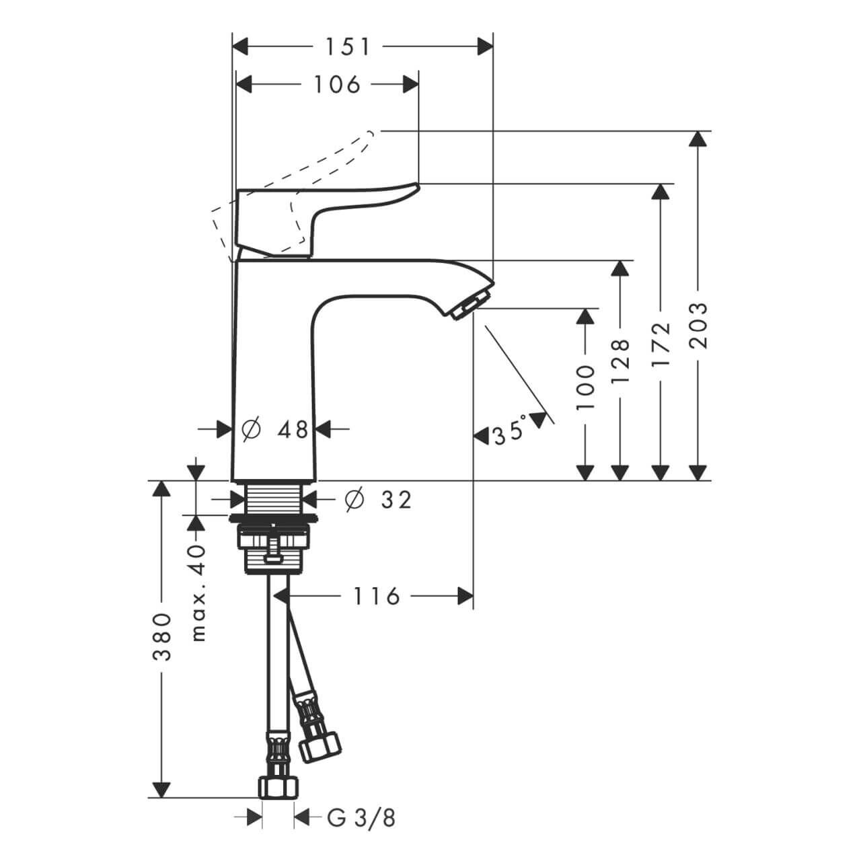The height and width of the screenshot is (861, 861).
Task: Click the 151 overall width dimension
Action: tap(348, 46)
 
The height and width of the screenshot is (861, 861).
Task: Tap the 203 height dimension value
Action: tap(700, 325)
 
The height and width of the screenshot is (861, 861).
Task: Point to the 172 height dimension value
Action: tap(662, 344)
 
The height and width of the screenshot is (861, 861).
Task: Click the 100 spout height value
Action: tap(586, 388)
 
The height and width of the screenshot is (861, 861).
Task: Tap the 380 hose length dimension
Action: tap(162, 636)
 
